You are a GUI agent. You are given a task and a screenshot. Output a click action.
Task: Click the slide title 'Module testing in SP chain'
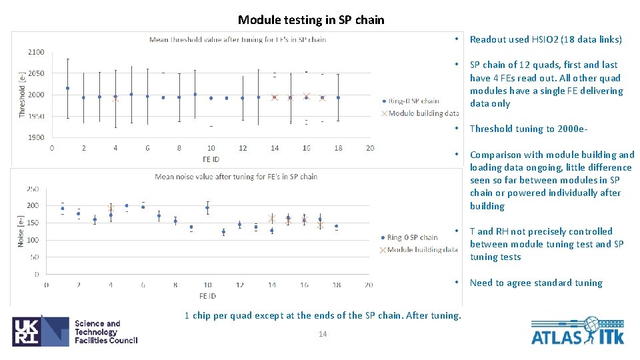pyautogui.click(x=311, y=20)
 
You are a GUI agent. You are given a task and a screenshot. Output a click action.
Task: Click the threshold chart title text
pyautogui.click(x=237, y=39)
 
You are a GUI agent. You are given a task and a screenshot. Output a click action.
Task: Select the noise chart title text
pyautogui.click(x=236, y=177)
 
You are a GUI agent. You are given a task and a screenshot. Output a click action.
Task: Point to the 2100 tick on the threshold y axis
pyautogui.click(x=36, y=52)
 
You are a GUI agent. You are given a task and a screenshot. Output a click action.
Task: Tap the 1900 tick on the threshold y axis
pyautogui.click(x=36, y=137)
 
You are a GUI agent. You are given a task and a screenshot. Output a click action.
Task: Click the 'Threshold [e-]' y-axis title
pyautogui.click(x=22, y=95)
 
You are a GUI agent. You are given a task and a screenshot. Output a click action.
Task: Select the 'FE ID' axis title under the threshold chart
pyautogui.click(x=211, y=159)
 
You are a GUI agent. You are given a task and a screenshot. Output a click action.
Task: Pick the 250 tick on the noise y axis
pyautogui.click(x=32, y=189)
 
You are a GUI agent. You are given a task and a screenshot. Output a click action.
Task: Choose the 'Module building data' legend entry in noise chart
pyautogui.click(x=423, y=249)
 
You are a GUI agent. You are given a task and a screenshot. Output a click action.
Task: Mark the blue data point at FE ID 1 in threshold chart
pyautogui.click(x=67, y=88)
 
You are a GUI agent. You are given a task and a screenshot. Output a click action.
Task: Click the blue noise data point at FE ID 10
pyautogui.click(x=207, y=208)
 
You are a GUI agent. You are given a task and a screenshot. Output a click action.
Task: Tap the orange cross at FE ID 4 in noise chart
pyautogui.click(x=111, y=209)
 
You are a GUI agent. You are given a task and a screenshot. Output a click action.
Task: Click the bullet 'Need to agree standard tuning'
pyautogui.click(x=535, y=283)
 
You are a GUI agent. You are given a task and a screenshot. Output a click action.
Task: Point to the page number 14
pyautogui.click(x=322, y=334)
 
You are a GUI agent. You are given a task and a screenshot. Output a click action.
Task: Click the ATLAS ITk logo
pyautogui.click(x=577, y=331)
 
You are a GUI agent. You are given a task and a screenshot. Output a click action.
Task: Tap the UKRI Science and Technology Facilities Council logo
pyautogui.click(x=75, y=331)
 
